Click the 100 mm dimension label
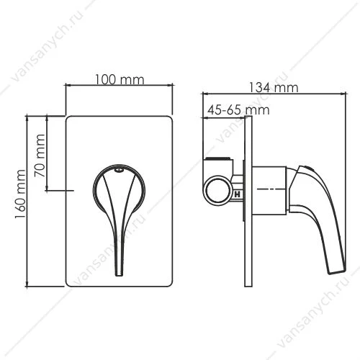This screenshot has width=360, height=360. point(120,79)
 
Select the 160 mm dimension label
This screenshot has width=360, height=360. point(20,194)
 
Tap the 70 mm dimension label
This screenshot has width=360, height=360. point(40,156)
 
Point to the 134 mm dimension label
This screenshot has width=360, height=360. point(273,88)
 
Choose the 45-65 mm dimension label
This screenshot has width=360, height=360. point(238,110)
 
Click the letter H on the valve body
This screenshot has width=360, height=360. point(238,194)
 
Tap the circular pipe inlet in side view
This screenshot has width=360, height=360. point(218,189)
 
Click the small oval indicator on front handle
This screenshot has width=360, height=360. point(119,170)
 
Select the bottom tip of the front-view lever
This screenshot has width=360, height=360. point(120,276)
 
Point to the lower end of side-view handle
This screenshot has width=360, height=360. point(337,271)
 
